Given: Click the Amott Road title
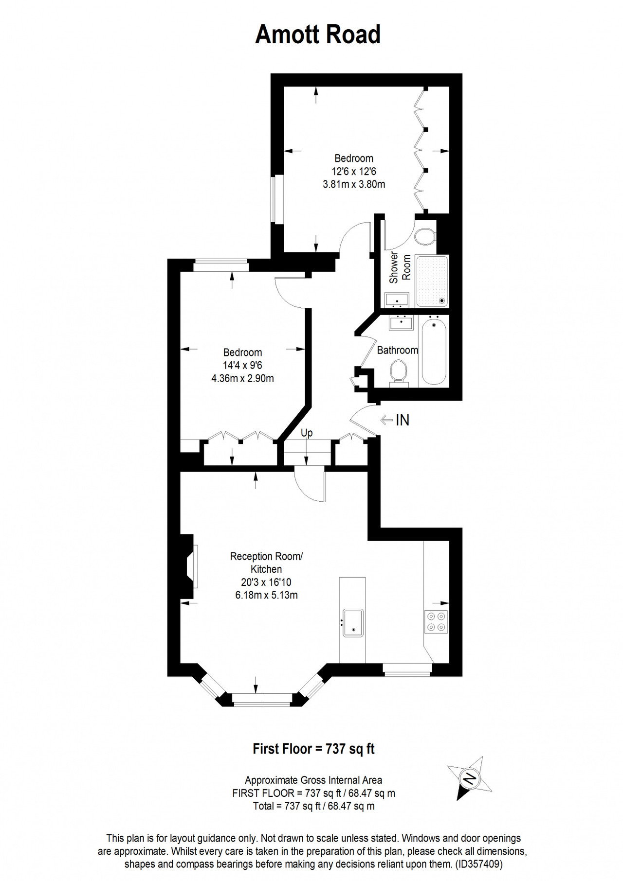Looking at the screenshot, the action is [317, 35].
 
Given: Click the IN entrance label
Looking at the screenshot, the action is [403, 420].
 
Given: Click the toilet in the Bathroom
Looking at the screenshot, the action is [399, 373].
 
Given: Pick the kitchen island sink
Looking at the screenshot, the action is [353, 622].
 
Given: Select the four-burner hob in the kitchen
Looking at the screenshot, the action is [437, 621].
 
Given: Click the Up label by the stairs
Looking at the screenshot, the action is [306, 433].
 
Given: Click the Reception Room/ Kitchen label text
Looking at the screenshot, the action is [266, 563].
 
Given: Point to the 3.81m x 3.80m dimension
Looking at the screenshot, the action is [354, 184].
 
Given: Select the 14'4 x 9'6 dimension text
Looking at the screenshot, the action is [242, 365].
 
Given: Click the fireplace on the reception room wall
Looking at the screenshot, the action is [188, 566].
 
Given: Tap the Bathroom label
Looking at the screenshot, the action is [398, 350].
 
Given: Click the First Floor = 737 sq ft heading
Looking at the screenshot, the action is [313, 749].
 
